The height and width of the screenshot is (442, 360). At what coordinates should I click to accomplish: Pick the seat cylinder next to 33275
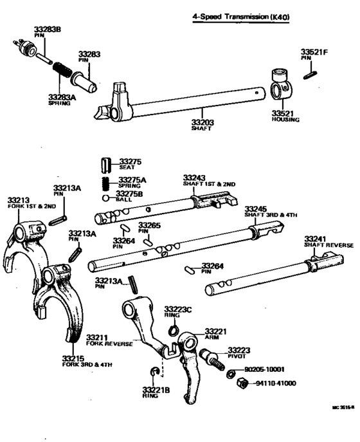107,166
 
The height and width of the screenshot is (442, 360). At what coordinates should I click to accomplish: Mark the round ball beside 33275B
106,198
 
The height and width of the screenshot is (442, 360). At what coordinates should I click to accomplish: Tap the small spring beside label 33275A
107,183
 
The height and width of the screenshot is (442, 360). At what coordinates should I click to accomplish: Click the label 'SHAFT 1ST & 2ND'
209,184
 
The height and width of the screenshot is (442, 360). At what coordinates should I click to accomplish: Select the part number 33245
256,208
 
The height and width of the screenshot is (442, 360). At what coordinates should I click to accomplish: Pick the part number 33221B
154,389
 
